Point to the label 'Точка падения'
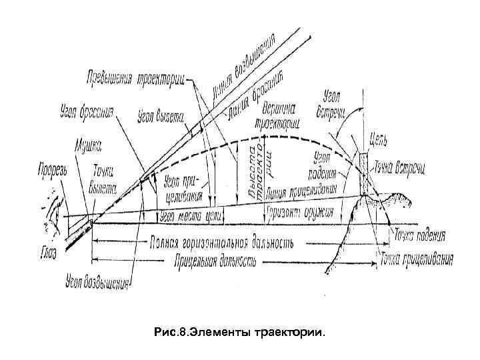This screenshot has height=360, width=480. click(x=419, y=236)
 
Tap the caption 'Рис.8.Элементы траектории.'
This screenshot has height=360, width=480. click(x=239, y=330)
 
